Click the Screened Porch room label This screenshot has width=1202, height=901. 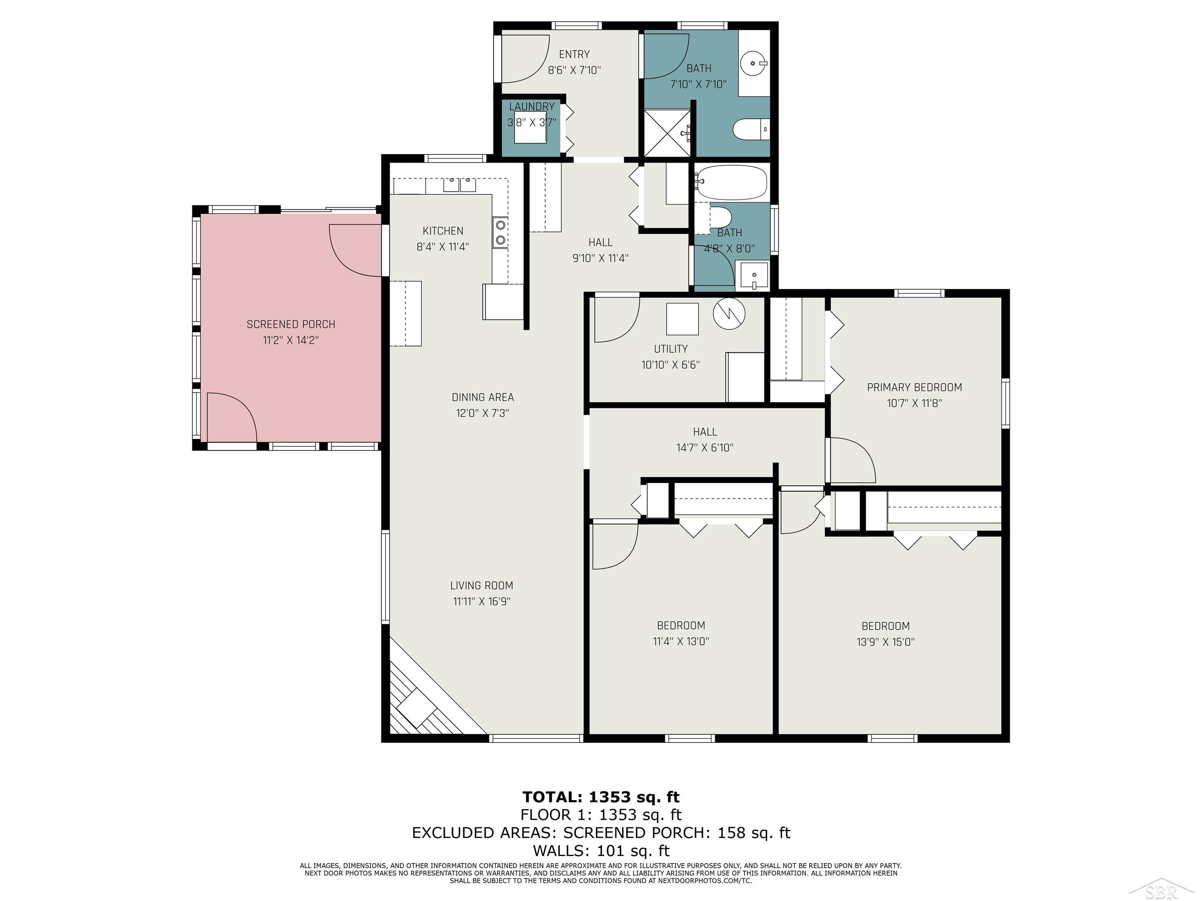(x=291, y=324)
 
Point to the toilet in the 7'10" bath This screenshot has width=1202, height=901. (x=750, y=130)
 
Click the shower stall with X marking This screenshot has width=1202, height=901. (x=666, y=133)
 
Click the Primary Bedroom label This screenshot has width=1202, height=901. (x=914, y=387)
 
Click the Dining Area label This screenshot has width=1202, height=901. (x=482, y=397)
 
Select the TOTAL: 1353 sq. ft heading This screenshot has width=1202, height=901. (x=601, y=797)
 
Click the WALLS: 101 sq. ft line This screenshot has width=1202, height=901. (x=601, y=851)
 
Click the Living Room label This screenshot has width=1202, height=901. (x=481, y=585)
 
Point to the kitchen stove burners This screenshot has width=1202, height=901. (x=500, y=232)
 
